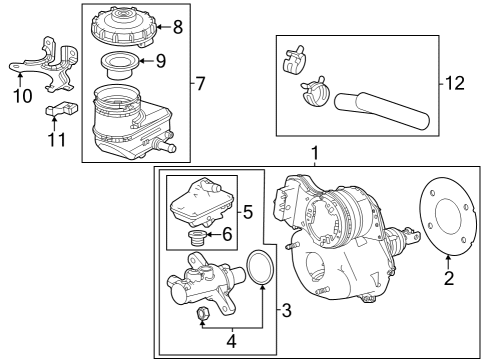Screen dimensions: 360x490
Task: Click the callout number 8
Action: [x=178, y=27]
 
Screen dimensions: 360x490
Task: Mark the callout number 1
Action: [x=316, y=154]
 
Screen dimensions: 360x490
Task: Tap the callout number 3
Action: [x=285, y=310]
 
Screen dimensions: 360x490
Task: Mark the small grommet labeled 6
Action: [x=198, y=236]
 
